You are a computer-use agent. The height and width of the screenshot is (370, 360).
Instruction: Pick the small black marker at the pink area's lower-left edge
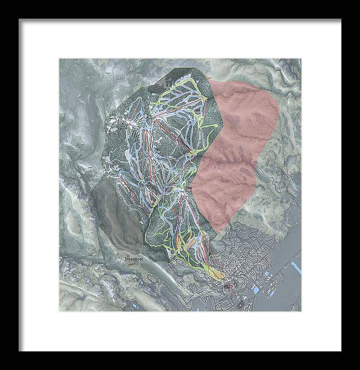[x=188, y=188]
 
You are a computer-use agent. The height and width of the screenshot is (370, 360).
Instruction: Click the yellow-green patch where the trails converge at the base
[x=214, y=272]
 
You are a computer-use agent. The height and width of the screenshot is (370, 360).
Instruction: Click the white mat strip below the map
[x=180, y=330]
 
